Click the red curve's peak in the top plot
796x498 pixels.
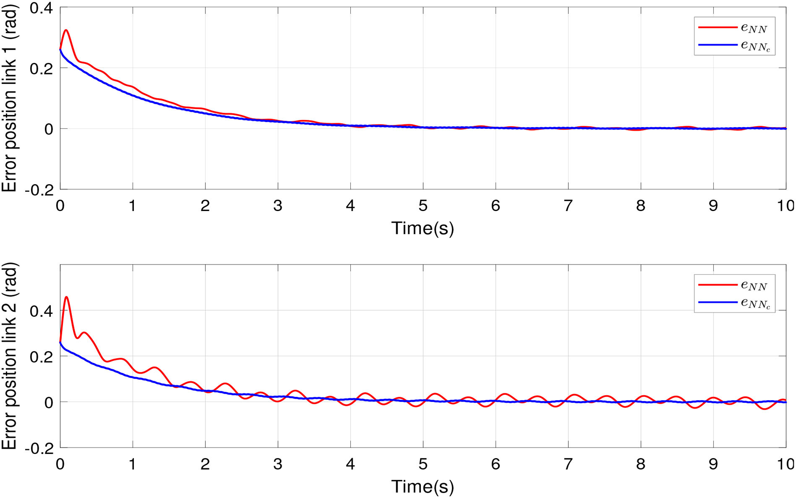[66, 31]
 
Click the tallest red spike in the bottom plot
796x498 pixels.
[66, 297]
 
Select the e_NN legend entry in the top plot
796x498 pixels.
[734, 28]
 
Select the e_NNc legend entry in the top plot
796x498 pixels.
[734, 45]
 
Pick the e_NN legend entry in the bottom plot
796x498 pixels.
[734, 285]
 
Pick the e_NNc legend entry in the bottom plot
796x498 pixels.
[734, 303]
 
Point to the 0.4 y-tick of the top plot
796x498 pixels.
[41, 8]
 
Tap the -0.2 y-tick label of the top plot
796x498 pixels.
[39, 190]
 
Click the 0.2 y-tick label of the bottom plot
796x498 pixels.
[41, 357]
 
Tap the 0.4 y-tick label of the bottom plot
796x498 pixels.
[41, 311]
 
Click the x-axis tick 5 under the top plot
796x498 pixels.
[423, 206]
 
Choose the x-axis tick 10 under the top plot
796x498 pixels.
[785, 206]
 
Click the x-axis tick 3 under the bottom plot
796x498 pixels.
[278, 464]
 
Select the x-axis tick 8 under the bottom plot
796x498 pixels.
[641, 464]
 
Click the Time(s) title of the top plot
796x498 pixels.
[423, 228]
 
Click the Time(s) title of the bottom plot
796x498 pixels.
[423, 487]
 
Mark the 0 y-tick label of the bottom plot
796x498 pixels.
[48, 402]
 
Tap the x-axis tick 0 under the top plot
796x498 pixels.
[60, 206]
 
